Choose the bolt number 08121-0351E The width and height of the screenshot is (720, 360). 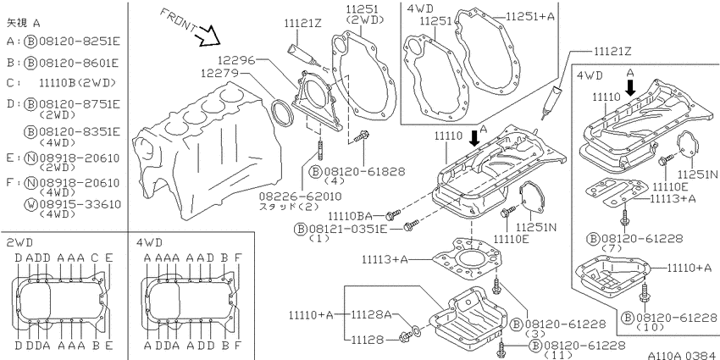[347, 228]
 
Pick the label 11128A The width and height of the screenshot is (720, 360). [371, 315]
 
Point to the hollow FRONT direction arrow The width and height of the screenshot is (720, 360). [206, 36]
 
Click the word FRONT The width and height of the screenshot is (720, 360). [180, 20]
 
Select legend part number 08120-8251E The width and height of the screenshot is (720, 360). [79, 42]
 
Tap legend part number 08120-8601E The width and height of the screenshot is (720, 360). [79, 63]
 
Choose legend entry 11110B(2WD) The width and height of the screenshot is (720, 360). [77, 83]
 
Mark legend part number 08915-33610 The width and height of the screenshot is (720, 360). [80, 204]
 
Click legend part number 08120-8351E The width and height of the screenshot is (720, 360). [79, 132]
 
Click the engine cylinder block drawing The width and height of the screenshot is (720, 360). [207, 147]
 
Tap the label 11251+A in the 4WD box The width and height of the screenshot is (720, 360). [530, 17]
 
